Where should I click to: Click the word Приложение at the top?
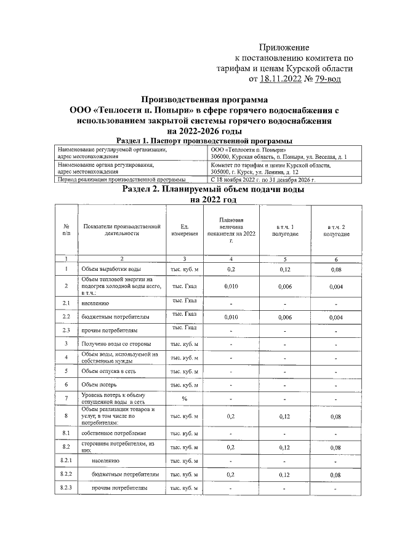click(284, 47)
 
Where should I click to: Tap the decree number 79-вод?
click(323, 79)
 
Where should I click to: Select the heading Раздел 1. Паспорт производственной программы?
click(195, 141)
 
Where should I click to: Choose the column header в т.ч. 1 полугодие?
click(284, 231)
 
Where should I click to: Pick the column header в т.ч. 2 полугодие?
click(336, 231)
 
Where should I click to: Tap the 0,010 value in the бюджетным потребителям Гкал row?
click(231, 317)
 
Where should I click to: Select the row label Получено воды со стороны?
click(116, 344)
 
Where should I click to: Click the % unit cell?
click(184, 398)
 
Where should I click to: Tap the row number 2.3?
click(66, 331)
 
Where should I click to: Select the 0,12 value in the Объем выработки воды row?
click(284, 270)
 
